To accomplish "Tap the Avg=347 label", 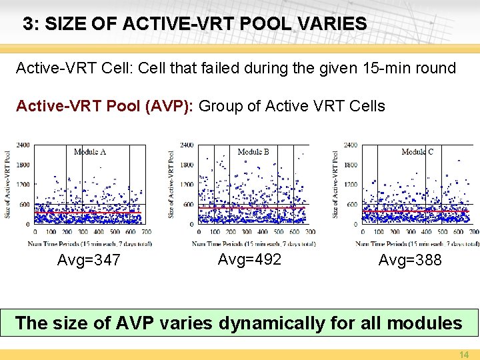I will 89,260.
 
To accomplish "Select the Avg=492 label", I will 249,259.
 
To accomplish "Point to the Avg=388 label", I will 410,260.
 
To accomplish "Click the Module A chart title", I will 90,152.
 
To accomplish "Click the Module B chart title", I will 253,152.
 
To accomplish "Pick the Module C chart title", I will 417,152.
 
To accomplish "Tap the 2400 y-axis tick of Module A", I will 23,145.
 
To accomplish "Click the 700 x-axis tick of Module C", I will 473,232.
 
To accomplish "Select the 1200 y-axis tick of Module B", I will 187,185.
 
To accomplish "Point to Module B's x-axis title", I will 253,243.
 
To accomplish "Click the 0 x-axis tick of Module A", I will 35,232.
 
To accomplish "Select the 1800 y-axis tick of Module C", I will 351,165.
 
